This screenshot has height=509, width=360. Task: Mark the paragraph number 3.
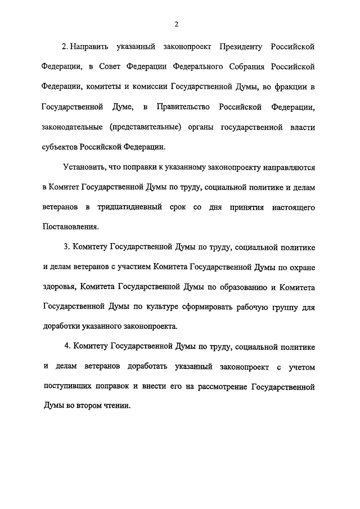(66, 249)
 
